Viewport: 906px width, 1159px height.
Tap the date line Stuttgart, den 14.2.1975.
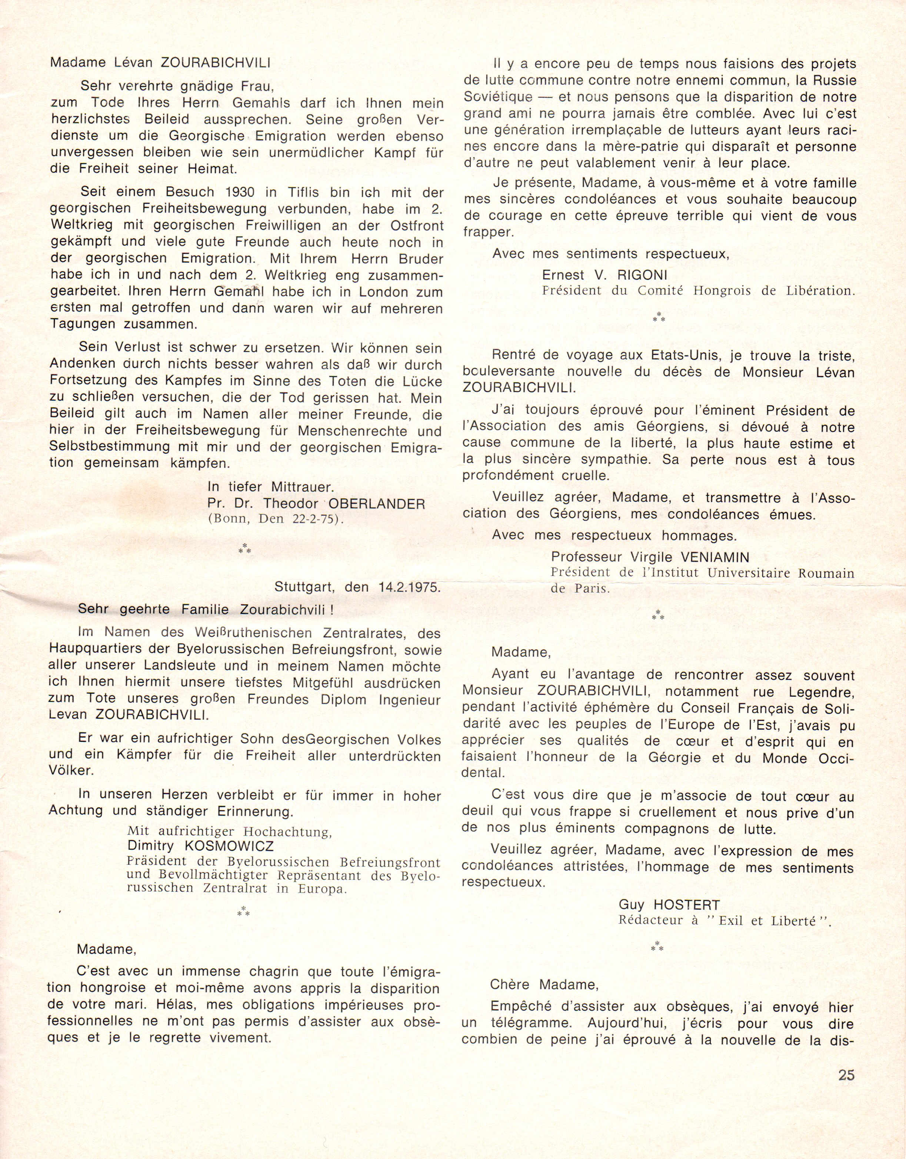(357, 587)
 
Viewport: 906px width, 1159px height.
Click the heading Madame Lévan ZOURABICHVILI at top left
(160, 63)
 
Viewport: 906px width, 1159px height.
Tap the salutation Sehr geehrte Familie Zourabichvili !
(206, 609)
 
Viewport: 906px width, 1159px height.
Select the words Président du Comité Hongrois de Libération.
(698, 290)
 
